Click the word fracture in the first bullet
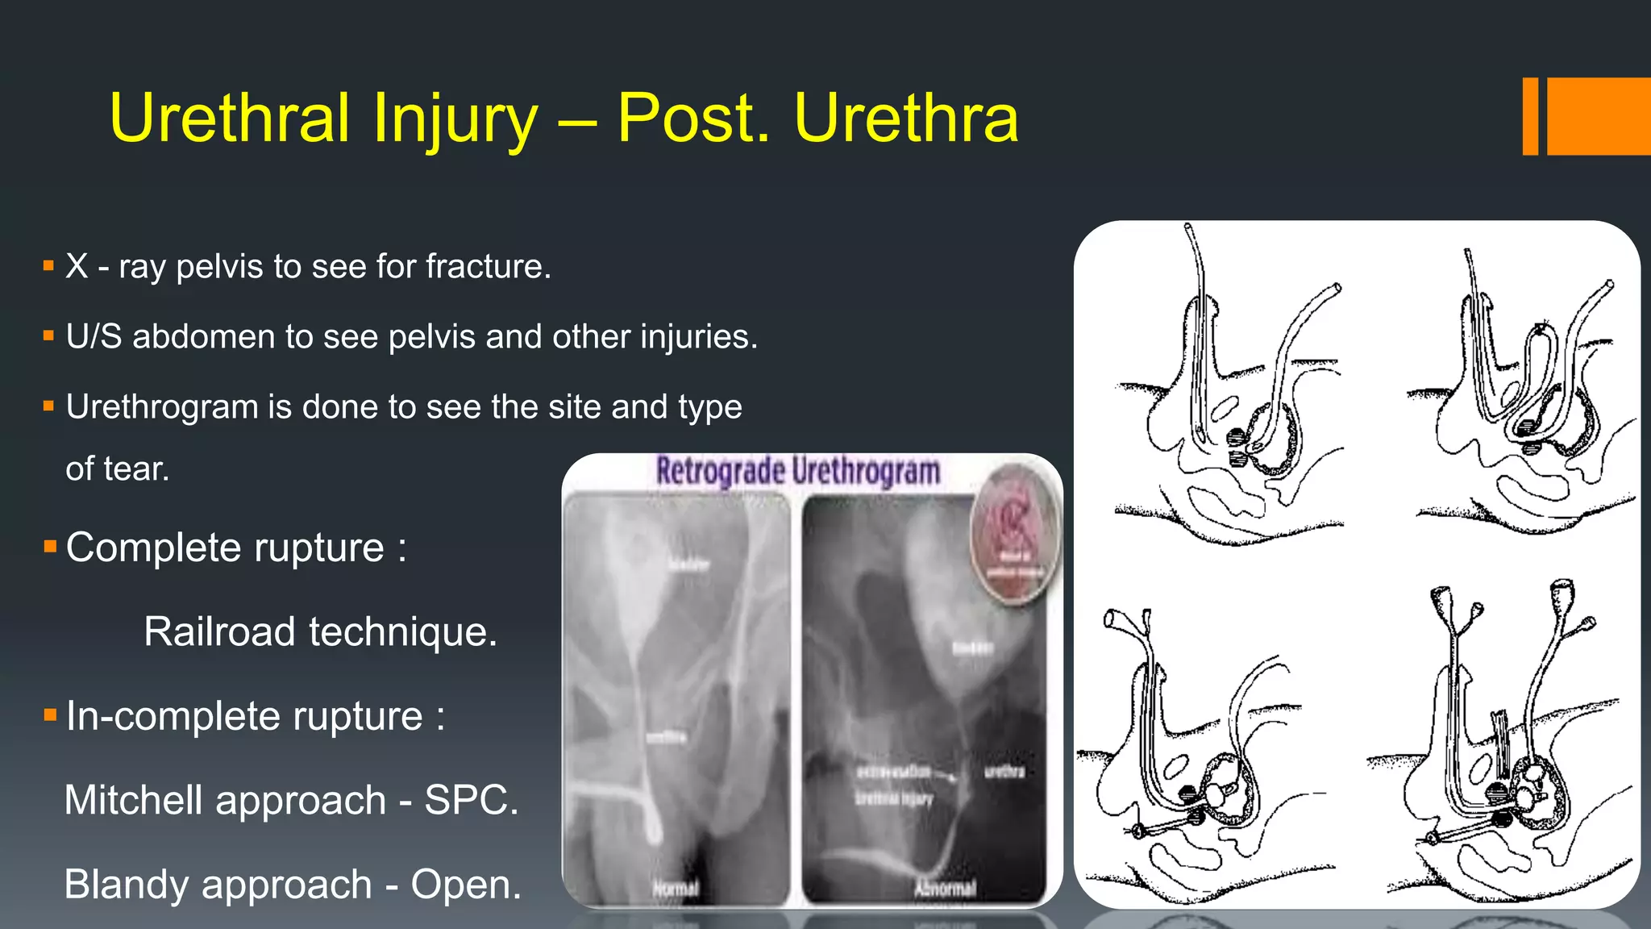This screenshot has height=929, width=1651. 488,267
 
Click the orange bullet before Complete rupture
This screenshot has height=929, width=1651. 50,548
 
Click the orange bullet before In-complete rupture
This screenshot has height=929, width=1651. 50,715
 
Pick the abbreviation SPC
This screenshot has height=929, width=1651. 471,800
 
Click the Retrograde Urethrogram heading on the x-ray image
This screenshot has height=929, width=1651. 798,471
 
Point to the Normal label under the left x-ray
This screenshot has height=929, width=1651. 676,889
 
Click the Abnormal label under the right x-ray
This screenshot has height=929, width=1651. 945,889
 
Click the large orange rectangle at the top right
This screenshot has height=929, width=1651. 1599,116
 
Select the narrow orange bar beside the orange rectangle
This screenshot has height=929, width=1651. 1530,116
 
